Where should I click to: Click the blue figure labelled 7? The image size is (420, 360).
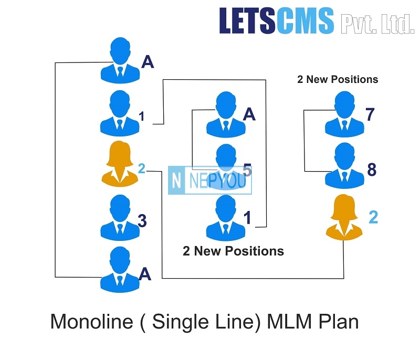click(x=344, y=114)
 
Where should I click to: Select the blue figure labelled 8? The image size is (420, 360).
click(x=344, y=166)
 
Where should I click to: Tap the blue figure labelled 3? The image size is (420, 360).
click(x=120, y=217)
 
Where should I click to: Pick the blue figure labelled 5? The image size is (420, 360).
click(x=226, y=167)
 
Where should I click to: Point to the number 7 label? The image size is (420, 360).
click(x=370, y=114)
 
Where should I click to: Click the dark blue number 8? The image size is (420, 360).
click(x=372, y=170)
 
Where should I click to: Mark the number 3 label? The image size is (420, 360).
click(x=142, y=221)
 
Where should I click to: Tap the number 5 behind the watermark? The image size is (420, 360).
click(x=247, y=170)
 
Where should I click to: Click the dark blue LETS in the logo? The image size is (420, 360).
click(x=247, y=20)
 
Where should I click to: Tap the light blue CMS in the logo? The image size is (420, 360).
click(x=304, y=20)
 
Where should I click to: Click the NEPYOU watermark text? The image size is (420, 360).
click(x=217, y=181)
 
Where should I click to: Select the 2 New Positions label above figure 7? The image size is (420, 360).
click(x=338, y=79)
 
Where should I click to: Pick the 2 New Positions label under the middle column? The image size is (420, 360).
click(x=233, y=251)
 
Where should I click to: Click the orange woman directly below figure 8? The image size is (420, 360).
click(x=344, y=217)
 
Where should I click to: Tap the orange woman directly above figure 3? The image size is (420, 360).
click(x=120, y=164)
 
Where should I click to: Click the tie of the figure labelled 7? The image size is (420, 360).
click(x=344, y=125)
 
